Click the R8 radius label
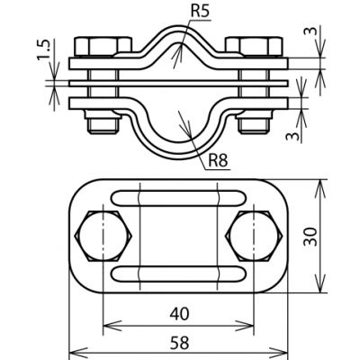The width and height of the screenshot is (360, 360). click(x=218, y=161)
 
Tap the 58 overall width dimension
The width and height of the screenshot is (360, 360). click(x=180, y=343)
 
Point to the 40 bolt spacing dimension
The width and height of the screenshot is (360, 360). click(x=180, y=314)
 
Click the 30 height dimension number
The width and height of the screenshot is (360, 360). click(x=310, y=237)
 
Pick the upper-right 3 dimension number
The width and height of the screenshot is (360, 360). click(x=310, y=31)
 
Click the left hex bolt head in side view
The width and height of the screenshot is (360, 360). click(x=103, y=47)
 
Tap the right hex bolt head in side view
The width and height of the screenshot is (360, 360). click(x=255, y=47)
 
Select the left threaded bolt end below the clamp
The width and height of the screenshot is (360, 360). click(x=103, y=121)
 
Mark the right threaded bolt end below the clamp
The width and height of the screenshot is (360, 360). click(x=255, y=121)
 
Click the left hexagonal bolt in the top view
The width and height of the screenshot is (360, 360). click(x=103, y=236)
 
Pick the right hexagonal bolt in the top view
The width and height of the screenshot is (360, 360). click(x=254, y=236)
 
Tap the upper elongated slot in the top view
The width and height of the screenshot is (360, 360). click(x=179, y=198)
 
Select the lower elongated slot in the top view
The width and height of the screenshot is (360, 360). click(x=179, y=274)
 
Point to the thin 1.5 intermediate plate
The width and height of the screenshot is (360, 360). click(x=179, y=84)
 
